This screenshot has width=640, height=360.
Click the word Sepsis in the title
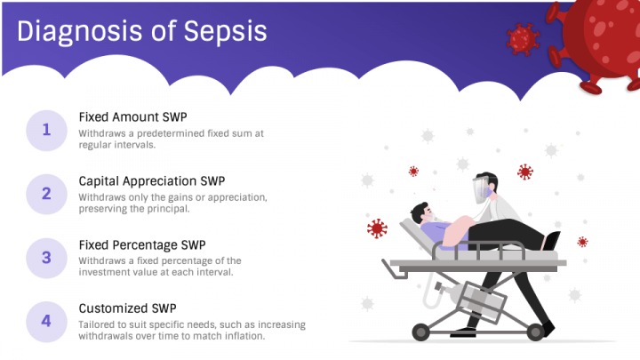(x=225, y=32)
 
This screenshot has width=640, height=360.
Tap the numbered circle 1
(x=46, y=130)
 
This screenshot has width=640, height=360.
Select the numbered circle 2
(x=46, y=195)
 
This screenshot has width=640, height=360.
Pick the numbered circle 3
(x=46, y=258)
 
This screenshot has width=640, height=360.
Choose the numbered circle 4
(x=46, y=322)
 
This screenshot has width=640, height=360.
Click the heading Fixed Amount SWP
(x=132, y=117)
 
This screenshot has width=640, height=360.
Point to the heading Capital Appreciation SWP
(x=152, y=181)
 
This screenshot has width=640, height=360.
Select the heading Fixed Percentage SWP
(x=142, y=245)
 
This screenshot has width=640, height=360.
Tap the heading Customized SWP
(x=127, y=308)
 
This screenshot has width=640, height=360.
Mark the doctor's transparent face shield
(x=480, y=190)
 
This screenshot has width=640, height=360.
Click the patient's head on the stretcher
(x=421, y=213)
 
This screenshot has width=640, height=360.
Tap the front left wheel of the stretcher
(x=420, y=332)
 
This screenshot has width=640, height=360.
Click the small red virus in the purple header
(x=523, y=39)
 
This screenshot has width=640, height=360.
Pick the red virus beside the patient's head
(x=377, y=228)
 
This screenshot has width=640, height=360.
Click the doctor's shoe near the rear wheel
(x=547, y=329)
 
